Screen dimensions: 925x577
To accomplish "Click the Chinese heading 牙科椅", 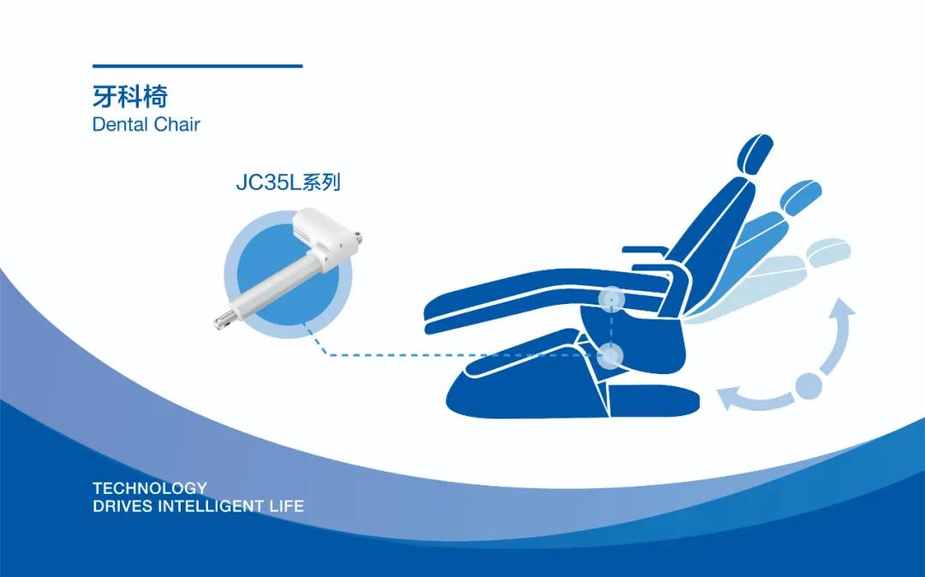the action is (130, 96).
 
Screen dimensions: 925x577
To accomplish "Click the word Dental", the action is (121, 124).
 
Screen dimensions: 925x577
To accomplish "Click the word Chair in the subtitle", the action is (177, 124).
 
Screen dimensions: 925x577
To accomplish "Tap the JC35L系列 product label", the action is (289, 182).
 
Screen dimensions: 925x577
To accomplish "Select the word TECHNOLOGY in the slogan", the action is (150, 488).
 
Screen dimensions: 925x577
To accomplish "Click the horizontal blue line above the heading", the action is (198, 66).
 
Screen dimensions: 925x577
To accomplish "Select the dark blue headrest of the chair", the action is (755, 154).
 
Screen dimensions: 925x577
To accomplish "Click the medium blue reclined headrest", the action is (801, 196).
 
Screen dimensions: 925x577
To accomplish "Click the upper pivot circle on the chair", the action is (612, 299).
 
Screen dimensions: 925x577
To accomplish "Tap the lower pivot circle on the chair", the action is (612, 356).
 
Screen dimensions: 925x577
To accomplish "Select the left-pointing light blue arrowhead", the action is (729, 398).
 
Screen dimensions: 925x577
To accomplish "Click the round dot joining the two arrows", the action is (809, 386).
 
